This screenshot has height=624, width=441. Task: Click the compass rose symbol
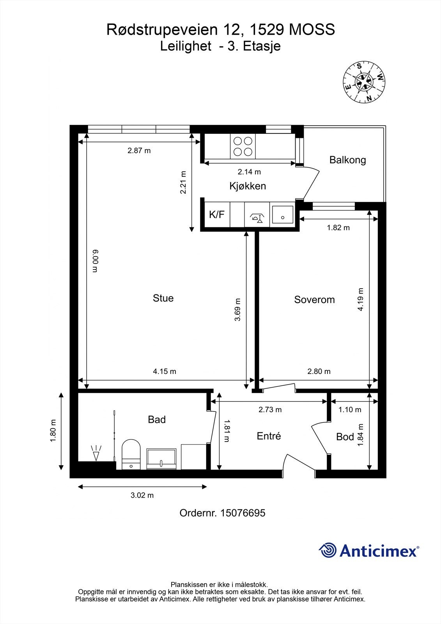click(364, 83)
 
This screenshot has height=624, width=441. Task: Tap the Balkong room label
click(347, 160)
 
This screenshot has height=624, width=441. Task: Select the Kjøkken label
click(248, 186)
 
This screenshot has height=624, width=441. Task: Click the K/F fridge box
click(217, 214)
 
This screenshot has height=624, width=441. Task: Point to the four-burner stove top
click(243, 147)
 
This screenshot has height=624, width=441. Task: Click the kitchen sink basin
click(282, 214)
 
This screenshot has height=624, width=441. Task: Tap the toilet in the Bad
click(131, 454)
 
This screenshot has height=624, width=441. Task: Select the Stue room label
click(163, 298)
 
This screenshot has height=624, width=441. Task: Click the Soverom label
click(315, 300)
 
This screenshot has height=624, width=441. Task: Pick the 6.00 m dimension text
click(95, 261)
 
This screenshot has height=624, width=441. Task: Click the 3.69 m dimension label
click(237, 310)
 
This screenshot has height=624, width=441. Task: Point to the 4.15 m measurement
click(165, 371)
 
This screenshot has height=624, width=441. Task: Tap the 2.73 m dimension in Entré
click(270, 409)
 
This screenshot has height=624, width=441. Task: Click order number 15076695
click(243, 513)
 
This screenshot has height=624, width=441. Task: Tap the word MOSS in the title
click(312, 30)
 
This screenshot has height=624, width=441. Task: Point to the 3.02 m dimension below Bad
click(142, 495)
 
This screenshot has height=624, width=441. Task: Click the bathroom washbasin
click(161, 459)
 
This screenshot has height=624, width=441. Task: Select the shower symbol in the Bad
click(96, 453)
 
